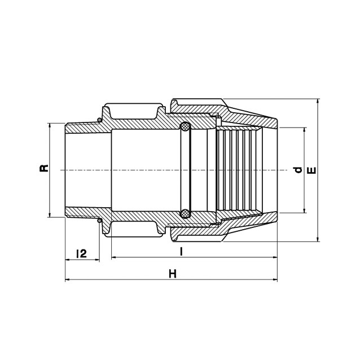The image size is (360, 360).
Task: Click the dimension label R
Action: click(x=44, y=168)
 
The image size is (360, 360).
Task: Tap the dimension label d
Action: click(x=298, y=170)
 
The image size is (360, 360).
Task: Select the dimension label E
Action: click(x=311, y=170)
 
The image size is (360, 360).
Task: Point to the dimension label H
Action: click(x=173, y=274)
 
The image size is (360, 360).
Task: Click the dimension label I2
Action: click(x=81, y=253)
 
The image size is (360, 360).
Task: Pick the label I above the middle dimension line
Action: click(x=181, y=252)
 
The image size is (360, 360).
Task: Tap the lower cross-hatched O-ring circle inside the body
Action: click(x=185, y=213)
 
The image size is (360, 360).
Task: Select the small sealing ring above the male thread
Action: click(x=99, y=120)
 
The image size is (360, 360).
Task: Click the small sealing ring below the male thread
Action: click(x=99, y=221)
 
